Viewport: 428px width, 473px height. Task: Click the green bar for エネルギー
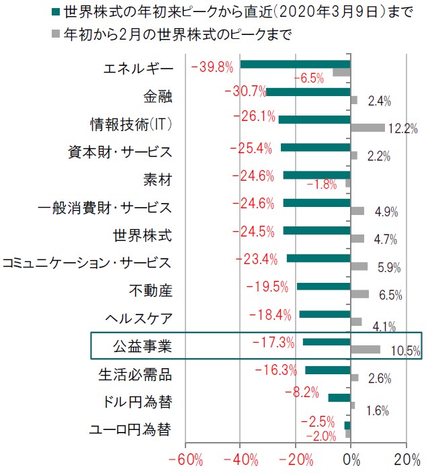click(x=296, y=64)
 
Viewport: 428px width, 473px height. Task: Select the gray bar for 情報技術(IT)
click(x=368, y=128)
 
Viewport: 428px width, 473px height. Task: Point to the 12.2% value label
click(x=403, y=129)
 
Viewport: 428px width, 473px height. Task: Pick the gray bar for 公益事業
click(x=366, y=349)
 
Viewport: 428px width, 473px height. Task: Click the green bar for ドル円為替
click(x=339, y=397)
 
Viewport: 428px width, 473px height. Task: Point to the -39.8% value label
click(x=212, y=67)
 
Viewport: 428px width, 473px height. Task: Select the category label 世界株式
click(x=142, y=236)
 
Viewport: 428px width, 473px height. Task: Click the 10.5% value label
click(x=404, y=351)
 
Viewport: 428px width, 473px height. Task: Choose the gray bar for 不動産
click(x=359, y=294)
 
